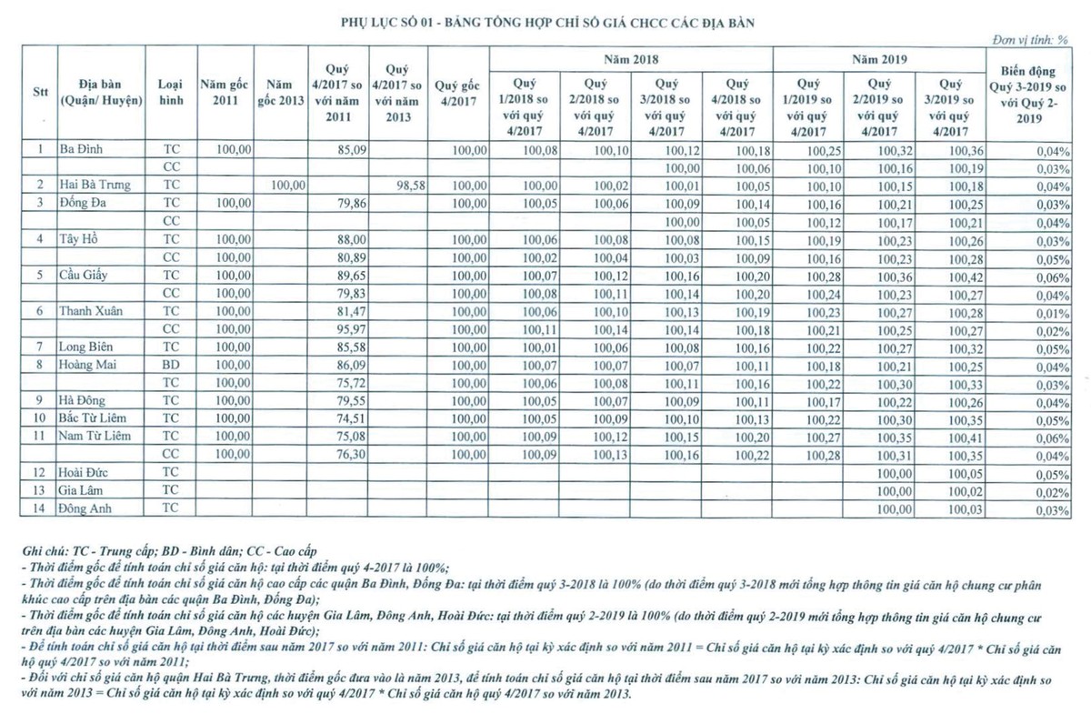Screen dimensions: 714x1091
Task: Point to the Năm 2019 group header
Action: pyautogui.click(x=879, y=58)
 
